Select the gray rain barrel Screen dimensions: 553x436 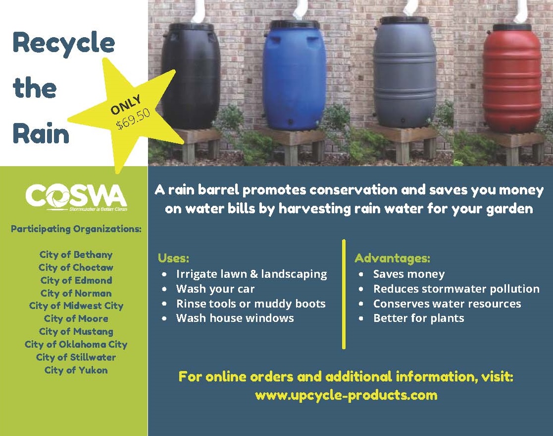click(x=404, y=72)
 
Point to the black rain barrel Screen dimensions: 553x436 click(x=191, y=75)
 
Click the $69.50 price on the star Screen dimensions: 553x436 click(x=133, y=119)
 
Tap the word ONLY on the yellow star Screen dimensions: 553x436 click(x=126, y=105)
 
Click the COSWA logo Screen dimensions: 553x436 click(x=76, y=197)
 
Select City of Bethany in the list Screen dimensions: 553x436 click(x=76, y=255)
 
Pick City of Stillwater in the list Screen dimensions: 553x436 click(x=76, y=357)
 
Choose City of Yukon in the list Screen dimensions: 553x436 click(x=76, y=371)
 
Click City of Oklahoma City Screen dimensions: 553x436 click(x=76, y=345)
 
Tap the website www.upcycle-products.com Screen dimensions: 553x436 click(x=346, y=395)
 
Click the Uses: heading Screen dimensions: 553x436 click(x=173, y=258)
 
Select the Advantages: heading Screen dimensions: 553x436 click(x=393, y=258)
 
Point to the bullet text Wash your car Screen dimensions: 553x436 click(x=215, y=289)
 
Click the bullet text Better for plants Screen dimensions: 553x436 click(x=419, y=318)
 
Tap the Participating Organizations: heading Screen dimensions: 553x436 click(x=76, y=229)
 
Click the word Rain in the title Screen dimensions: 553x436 click(x=41, y=133)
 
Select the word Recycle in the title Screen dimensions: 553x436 click(x=64, y=43)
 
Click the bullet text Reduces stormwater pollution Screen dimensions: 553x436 click(x=456, y=289)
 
